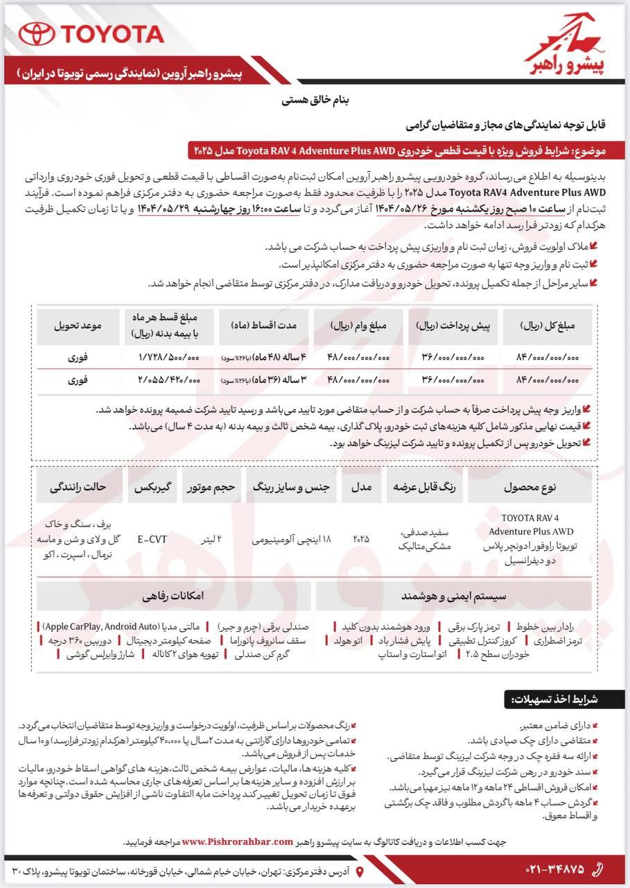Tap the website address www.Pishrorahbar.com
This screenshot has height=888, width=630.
tap(247, 842)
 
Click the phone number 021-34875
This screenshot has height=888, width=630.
tap(548, 869)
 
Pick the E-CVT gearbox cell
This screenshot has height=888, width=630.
tap(152, 538)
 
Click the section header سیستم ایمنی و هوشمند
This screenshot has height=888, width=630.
tap(453, 596)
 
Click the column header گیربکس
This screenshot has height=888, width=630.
tap(152, 487)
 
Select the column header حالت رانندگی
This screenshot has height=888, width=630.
tap(78, 487)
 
